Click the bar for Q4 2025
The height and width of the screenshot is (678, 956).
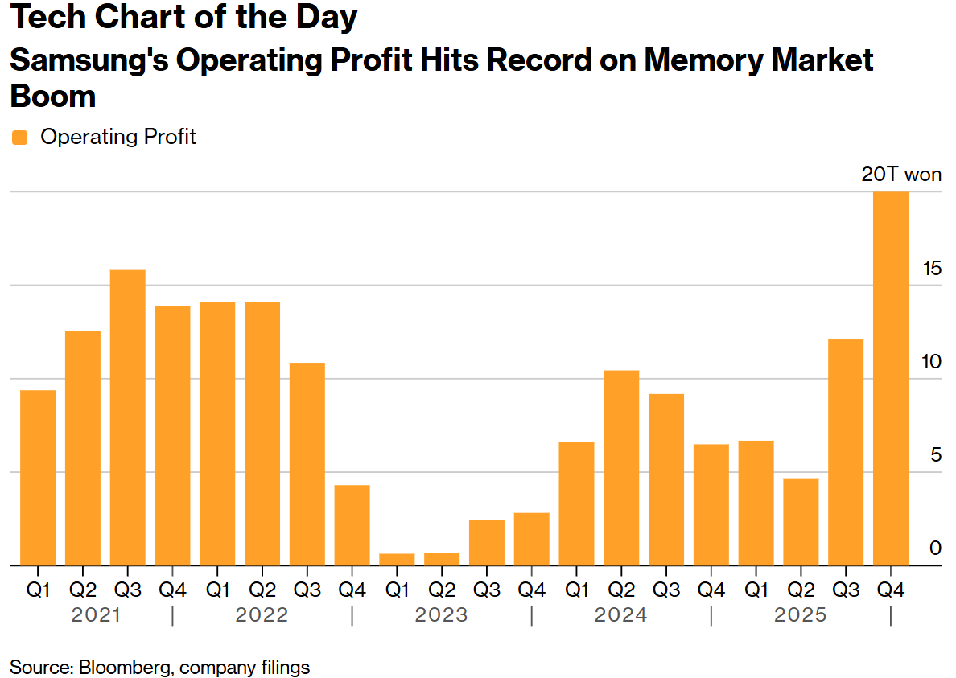point(891,378)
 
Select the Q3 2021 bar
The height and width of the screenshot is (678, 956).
point(128,417)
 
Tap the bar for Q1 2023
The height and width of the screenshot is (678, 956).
point(397,559)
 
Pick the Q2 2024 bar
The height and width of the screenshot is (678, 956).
point(621,467)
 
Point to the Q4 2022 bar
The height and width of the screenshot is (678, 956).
point(352,524)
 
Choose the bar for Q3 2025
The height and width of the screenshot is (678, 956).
point(846,452)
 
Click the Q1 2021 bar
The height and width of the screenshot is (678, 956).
point(38,478)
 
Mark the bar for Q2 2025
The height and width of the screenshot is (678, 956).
point(801,521)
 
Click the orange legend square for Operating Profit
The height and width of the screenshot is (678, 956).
point(20,138)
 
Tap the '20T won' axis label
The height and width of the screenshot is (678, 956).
point(901,175)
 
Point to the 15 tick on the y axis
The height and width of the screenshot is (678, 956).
point(932,269)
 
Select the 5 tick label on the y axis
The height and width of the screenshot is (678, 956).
point(935,455)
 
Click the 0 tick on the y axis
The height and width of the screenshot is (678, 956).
point(935,549)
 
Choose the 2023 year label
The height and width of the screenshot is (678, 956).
point(441,615)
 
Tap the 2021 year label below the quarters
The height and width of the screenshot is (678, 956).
point(97,615)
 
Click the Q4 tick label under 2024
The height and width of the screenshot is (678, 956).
point(711,590)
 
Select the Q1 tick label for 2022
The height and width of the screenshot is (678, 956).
point(217,590)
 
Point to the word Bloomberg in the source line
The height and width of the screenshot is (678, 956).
point(124,667)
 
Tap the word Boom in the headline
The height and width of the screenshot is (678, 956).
point(52,97)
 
